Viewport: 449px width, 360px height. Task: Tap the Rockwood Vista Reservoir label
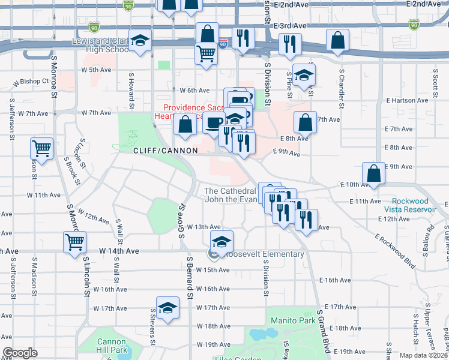tap(414, 205)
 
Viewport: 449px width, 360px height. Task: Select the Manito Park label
tap(292, 320)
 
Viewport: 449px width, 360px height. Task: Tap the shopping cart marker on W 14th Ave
tap(74, 242)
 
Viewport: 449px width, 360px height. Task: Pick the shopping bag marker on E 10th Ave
tap(373, 172)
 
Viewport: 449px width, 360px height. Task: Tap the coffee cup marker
tap(214, 122)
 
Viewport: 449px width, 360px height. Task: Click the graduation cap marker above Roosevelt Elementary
tap(221, 241)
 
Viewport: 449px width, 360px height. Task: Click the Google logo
tap(20, 353)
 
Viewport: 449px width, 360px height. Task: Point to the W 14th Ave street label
tap(120, 250)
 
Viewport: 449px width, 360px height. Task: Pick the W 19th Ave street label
tap(214, 345)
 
